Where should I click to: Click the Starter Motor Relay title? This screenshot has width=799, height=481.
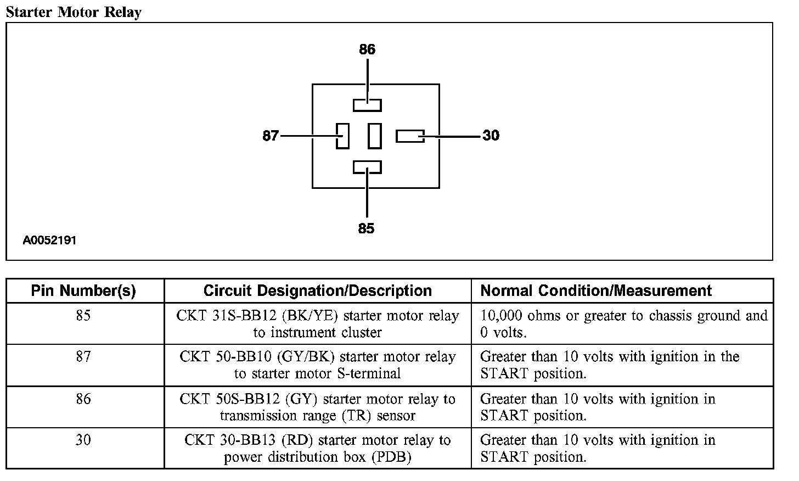point(74,12)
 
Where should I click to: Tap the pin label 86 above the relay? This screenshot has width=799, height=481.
point(367,50)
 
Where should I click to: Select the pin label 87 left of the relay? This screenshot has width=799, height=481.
point(271,136)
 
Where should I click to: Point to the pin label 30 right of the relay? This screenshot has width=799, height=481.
point(491,136)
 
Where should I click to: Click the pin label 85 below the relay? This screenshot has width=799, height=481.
point(366,228)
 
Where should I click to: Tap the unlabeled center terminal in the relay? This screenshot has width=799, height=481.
point(375,136)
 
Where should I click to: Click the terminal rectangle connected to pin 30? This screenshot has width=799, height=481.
point(410,136)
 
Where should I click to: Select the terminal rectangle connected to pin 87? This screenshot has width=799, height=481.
point(343,136)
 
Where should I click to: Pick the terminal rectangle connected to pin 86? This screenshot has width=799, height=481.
point(367,105)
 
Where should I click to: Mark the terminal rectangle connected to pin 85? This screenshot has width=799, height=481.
point(367,167)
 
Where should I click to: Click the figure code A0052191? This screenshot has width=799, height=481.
point(49,240)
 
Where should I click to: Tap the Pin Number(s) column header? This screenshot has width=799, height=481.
point(83,290)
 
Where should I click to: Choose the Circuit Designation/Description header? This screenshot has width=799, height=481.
point(317,290)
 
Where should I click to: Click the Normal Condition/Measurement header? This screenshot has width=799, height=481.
point(596,290)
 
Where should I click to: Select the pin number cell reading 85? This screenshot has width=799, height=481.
point(83,316)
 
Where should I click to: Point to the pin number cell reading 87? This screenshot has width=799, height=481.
point(83,357)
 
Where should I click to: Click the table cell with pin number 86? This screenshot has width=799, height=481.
point(83,399)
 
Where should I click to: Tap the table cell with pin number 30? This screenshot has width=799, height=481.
point(83,440)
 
